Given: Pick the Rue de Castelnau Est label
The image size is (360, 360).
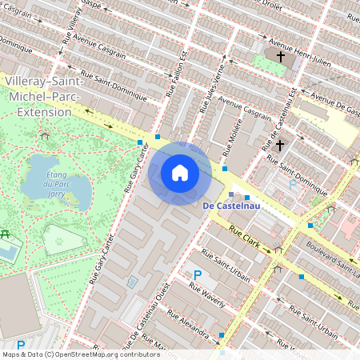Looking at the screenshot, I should (279, 119).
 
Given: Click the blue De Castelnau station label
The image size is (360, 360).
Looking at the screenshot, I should (228, 206).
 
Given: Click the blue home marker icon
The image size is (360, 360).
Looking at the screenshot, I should (180, 173).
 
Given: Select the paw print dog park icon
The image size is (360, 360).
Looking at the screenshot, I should (58, 240).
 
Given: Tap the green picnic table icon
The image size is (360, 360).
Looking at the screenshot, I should (4, 234).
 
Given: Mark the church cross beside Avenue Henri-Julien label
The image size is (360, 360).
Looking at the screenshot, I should (281, 57).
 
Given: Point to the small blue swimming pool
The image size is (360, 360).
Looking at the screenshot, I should (132, 282).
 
